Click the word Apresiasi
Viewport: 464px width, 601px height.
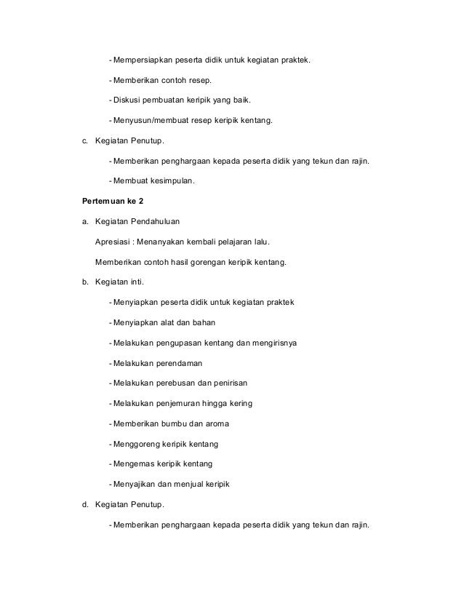click(113, 242)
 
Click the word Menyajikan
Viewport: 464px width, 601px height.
click(135, 484)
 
